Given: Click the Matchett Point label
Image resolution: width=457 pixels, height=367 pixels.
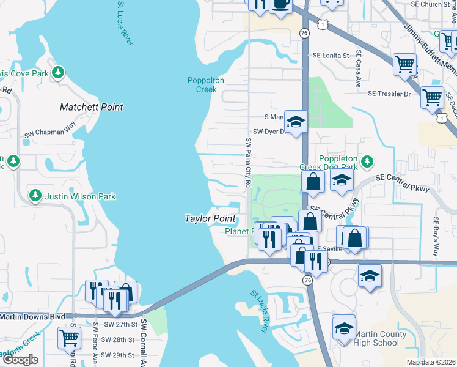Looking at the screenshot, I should click(92, 107).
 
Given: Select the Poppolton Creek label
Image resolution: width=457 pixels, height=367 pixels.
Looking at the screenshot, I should click(206, 84).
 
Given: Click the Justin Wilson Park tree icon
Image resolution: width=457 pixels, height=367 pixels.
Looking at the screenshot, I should click(35, 195).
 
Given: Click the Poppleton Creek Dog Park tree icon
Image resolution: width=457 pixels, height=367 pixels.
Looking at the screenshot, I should click(367, 161).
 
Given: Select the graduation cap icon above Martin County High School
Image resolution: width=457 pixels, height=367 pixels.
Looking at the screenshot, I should click(344, 327).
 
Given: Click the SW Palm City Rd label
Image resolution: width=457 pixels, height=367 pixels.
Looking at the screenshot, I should click(249, 161).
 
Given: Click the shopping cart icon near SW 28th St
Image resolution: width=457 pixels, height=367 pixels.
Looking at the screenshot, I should click(70, 336).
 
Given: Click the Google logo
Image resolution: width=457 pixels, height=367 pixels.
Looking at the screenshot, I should click(20, 360).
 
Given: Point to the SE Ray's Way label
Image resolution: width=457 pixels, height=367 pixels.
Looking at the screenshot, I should click(436, 229).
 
